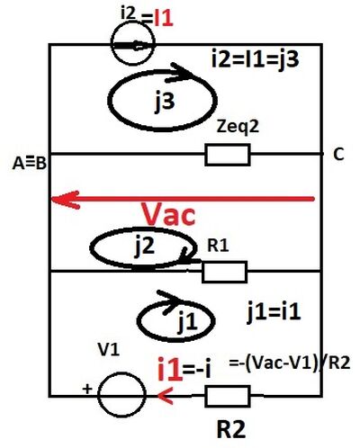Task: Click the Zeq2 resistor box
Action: coord(228,155)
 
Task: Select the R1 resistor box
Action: coord(224,272)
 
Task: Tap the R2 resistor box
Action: coord(228,396)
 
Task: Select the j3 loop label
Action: coord(165,101)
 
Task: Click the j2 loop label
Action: coord(145,246)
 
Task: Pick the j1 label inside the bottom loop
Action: coord(187,322)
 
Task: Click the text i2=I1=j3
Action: coord(255,59)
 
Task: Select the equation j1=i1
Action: coord(274,312)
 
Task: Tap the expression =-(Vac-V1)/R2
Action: coord(290,363)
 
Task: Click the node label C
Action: coord(338,155)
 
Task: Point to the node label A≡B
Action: coord(30,164)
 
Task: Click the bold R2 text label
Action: coord(231,429)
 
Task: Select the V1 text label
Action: coord(109,349)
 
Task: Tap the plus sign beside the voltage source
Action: coord(87,389)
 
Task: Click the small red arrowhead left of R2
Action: coord(165,396)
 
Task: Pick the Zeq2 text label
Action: coord(238,127)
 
